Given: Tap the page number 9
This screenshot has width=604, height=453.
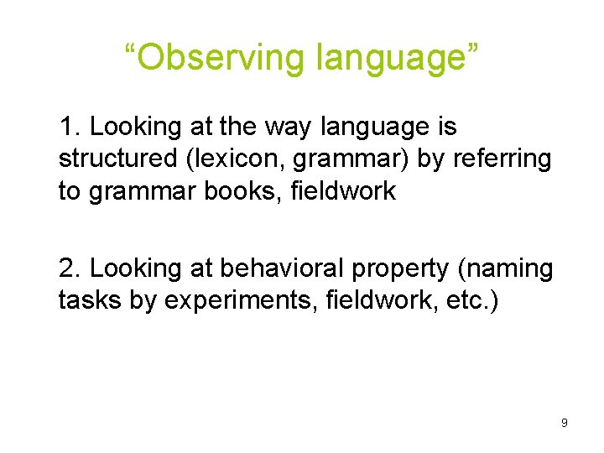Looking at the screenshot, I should click(x=565, y=423).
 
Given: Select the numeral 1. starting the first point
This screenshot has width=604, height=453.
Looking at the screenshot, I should click(x=70, y=128).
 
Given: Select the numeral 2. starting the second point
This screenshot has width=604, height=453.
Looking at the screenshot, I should click(x=70, y=268).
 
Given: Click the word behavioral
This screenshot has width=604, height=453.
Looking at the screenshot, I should click(x=269, y=268).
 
